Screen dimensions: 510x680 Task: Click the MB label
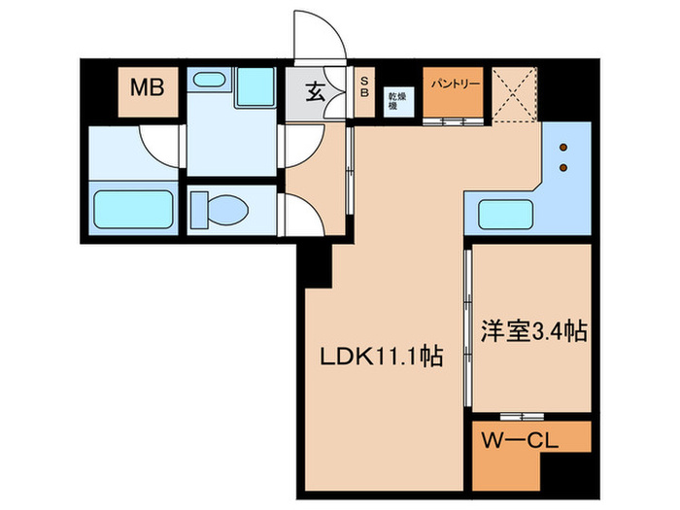pos(147,88)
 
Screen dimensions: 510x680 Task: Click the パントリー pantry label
pos(450,84)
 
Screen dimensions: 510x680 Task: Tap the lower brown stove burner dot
pos(561,168)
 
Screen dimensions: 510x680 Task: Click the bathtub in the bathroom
pos(133,210)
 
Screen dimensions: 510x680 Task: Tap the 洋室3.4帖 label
pos(533,332)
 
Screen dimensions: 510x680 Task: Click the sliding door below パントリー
pos(451,122)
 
